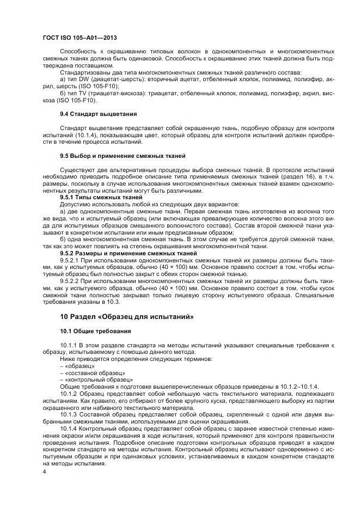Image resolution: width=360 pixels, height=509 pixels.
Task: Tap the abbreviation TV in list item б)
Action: pyautogui.click(x=83, y=93)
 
